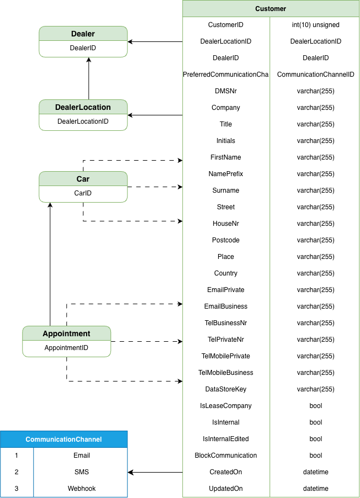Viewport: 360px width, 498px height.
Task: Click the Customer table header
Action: pos(271,9)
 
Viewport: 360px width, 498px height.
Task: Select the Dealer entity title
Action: pos(83,34)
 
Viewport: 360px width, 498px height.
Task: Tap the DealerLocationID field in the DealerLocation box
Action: pos(83,121)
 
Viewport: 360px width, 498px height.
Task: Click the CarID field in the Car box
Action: pos(83,193)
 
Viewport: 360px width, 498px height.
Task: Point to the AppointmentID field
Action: pos(66,348)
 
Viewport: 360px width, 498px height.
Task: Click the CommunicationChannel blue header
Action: pos(64,439)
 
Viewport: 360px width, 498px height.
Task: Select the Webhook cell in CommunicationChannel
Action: pos(82,489)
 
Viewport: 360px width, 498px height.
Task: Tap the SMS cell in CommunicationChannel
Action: pos(82,472)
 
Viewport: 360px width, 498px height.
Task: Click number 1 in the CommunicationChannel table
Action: pos(17,455)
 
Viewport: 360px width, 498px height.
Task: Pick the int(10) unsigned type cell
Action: pos(315,25)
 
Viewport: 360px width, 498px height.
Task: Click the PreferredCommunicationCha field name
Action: pos(226,75)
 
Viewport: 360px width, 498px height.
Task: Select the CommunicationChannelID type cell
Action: pos(315,75)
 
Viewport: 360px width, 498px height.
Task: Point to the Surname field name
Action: pos(226,190)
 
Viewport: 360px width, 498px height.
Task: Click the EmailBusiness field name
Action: pos(226,306)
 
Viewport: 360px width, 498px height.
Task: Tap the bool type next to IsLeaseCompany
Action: pos(315,406)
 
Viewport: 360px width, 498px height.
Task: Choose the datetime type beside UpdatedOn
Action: pos(315,489)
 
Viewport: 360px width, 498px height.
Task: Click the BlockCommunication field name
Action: pos(226,455)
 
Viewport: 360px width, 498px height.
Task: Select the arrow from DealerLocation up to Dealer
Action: pos(89,78)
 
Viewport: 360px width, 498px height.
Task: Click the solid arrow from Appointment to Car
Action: pos(50,264)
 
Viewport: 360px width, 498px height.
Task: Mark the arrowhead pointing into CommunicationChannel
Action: pos(130,472)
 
